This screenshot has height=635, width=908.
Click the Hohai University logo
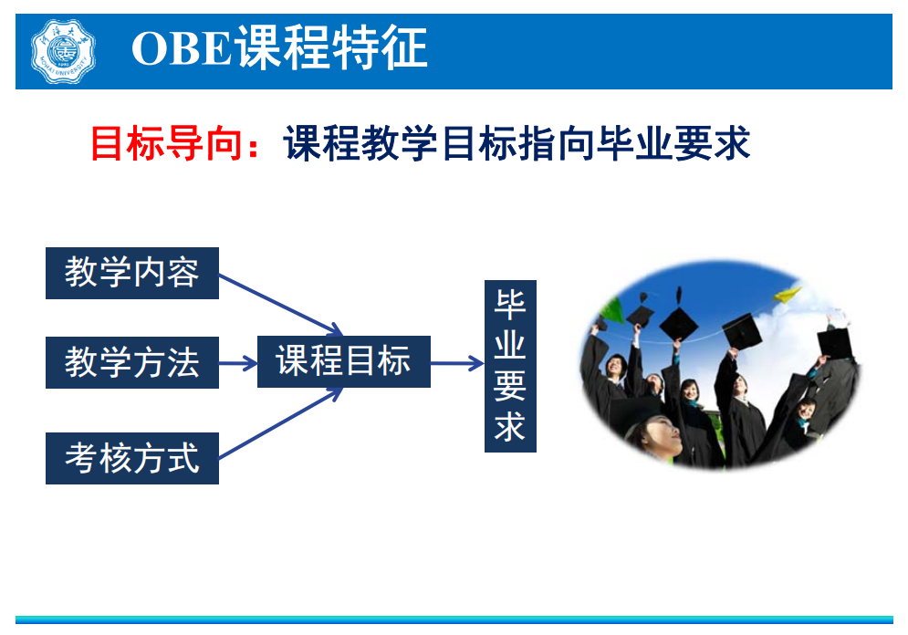pyautogui.click(x=63, y=51)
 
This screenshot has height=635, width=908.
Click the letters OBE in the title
pyautogui.click(x=182, y=48)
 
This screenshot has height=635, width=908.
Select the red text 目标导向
pyautogui.click(x=165, y=143)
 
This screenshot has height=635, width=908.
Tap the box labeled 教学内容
pyautogui.click(x=132, y=273)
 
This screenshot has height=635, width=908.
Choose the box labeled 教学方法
pyautogui.click(x=132, y=362)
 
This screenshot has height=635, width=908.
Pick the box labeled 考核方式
pyautogui.click(x=132, y=458)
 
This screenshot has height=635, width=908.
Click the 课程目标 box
pyautogui.click(x=343, y=362)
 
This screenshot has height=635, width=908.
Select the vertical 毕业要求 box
pyautogui.click(x=510, y=366)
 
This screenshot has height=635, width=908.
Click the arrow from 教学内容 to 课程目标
pyautogui.click(x=281, y=305)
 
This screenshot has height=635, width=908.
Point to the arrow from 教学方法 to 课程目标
pyautogui.click(x=238, y=363)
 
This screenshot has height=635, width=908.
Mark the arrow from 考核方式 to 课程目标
pyautogui.click(x=281, y=423)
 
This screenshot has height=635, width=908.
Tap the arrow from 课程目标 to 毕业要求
pyautogui.click(x=457, y=363)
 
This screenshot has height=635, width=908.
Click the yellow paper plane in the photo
pyautogui.click(x=788, y=296)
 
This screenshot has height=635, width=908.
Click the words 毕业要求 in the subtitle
pyautogui.click(x=673, y=143)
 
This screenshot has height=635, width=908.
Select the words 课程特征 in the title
pyautogui.click(x=332, y=48)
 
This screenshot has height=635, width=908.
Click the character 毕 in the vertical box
pyautogui.click(x=510, y=305)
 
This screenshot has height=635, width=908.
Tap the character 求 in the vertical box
pyautogui.click(x=510, y=427)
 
